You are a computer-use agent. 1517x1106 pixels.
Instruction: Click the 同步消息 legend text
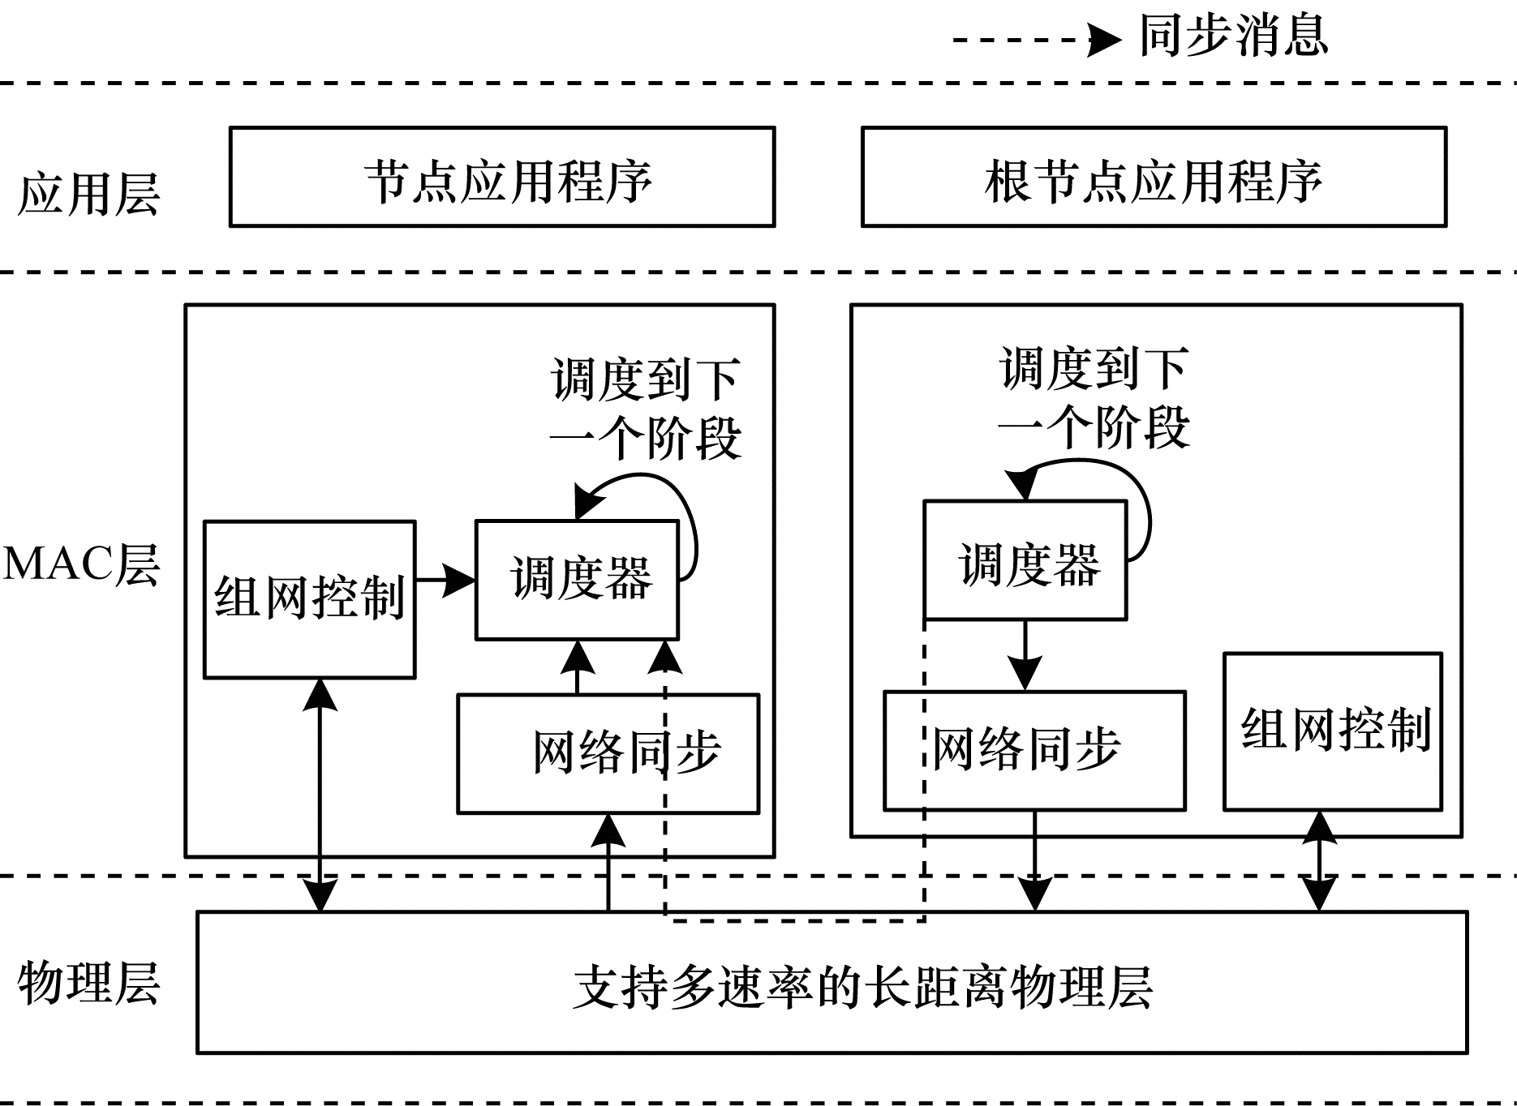(1233, 36)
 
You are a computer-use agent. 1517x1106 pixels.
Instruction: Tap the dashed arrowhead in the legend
(1103, 39)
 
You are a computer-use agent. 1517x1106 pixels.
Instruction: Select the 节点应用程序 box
(502, 177)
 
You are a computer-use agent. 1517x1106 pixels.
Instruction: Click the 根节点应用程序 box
(1154, 177)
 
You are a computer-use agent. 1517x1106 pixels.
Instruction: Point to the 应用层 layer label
(88, 195)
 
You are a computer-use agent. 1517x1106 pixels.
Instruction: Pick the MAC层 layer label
(81, 564)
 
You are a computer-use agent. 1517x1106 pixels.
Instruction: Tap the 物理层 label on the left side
(88, 984)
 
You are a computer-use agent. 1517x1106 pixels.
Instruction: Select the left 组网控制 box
(309, 599)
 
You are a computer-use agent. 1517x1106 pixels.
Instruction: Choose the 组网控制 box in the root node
(1333, 731)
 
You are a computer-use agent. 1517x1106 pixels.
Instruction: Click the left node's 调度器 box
(577, 579)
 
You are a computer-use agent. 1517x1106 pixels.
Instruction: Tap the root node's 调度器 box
(1025, 561)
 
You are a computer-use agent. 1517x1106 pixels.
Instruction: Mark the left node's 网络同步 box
(608, 753)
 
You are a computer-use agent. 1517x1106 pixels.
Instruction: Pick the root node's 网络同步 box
(1034, 750)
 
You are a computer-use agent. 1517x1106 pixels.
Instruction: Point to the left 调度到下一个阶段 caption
(646, 409)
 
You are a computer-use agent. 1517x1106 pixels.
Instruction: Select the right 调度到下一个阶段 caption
(1094, 397)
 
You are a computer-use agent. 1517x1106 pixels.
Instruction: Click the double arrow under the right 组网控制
(1319, 861)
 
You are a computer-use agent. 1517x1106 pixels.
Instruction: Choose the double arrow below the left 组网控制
(320, 795)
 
